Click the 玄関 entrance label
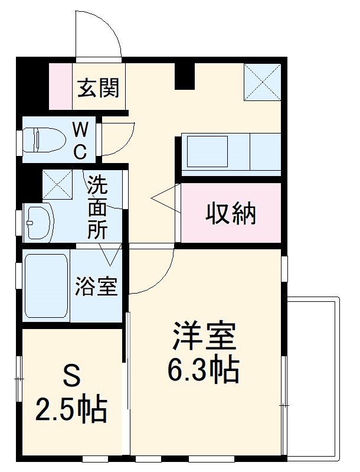coord(99,88)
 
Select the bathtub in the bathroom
coord(46,287)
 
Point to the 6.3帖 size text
coord(204,370)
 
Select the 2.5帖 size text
coord(71,408)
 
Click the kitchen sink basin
coord(207,151)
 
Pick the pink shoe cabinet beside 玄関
coord(60,86)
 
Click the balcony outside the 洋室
coord(313,378)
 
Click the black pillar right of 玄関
coord(185,76)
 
